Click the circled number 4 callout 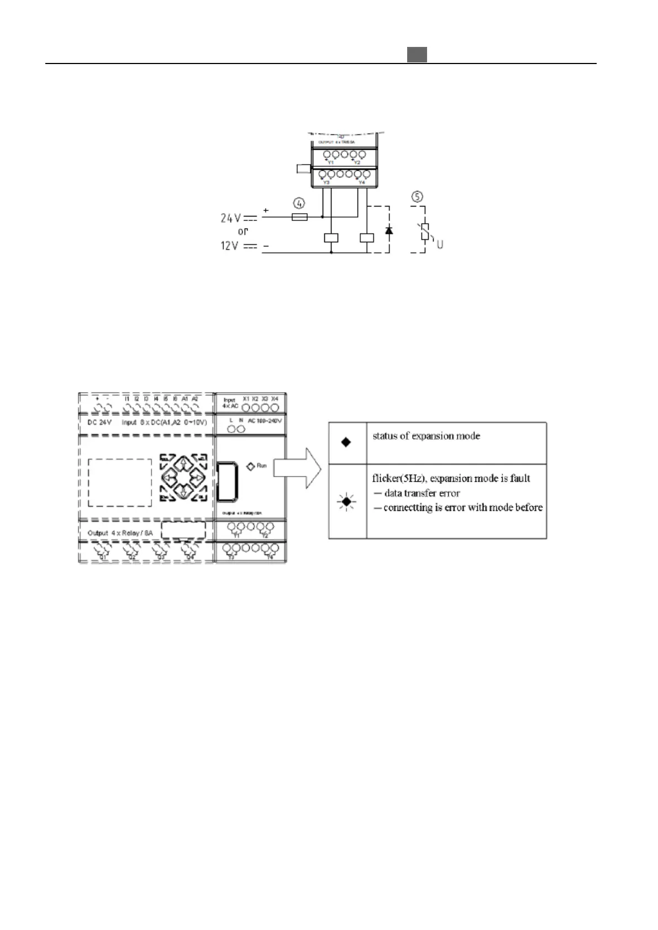[x=299, y=203]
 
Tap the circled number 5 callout [x=418, y=197]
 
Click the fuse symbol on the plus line [x=299, y=217]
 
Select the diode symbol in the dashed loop [x=388, y=229]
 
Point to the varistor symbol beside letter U [x=425, y=232]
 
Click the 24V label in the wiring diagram [x=231, y=218]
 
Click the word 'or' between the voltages [x=243, y=232]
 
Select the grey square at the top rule [x=417, y=55]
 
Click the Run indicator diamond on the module [x=250, y=466]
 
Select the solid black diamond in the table [x=346, y=442]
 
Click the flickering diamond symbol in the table [x=346, y=501]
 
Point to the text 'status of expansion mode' [x=426, y=436]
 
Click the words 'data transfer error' [x=422, y=493]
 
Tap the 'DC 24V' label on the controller [x=99, y=422]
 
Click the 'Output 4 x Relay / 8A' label [x=120, y=533]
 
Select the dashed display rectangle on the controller [x=120, y=482]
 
